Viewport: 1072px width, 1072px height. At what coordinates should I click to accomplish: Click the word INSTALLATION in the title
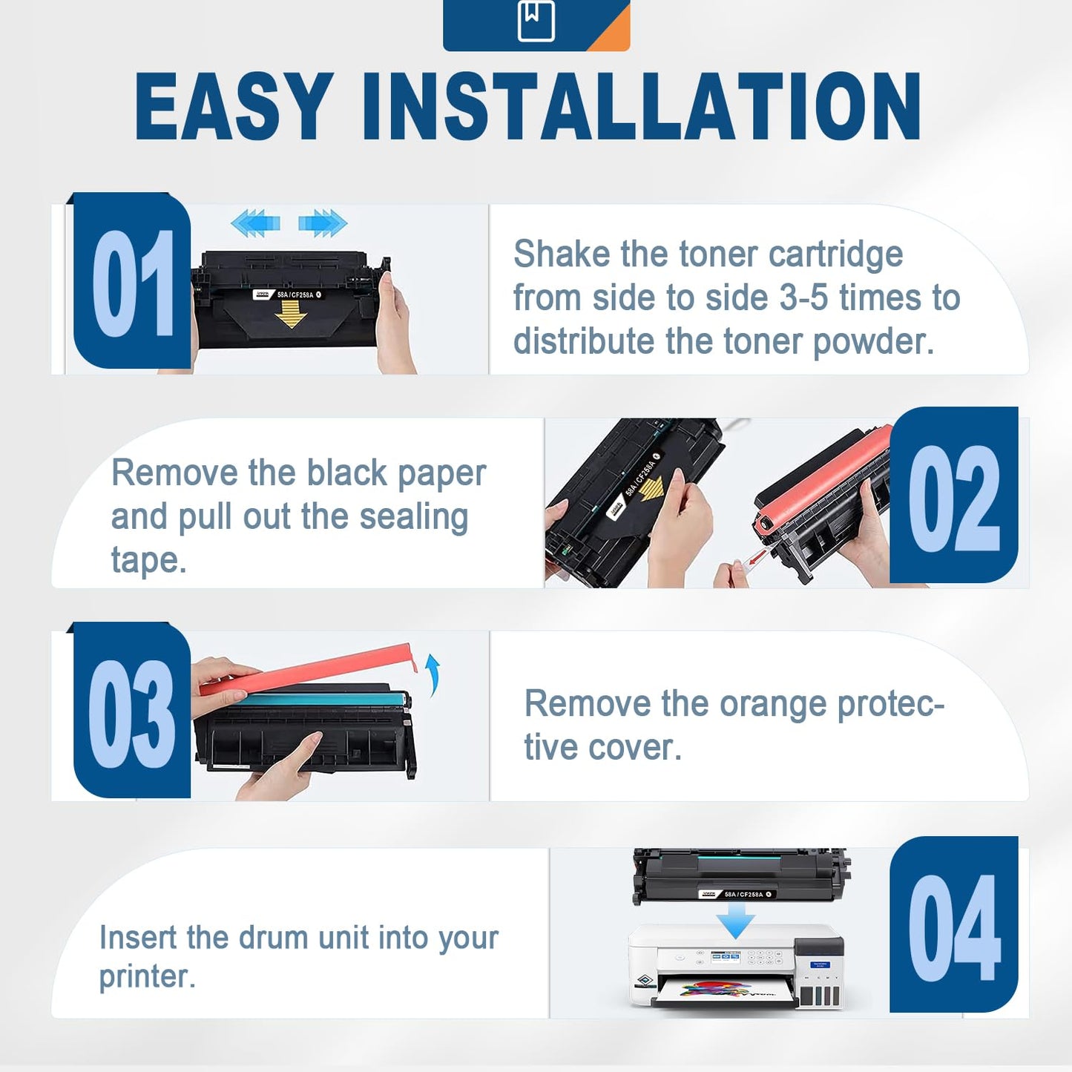[642, 106]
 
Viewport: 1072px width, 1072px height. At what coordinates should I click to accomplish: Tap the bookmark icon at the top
[536, 21]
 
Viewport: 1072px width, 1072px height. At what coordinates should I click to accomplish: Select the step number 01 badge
[132, 282]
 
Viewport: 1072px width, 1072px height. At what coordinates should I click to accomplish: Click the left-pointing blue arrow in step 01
[255, 223]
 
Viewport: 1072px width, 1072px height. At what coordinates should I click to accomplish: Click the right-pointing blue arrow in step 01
[323, 223]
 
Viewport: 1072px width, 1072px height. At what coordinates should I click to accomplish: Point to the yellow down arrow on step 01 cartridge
[290, 318]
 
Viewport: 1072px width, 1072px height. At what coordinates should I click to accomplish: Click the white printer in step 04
[734, 968]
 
